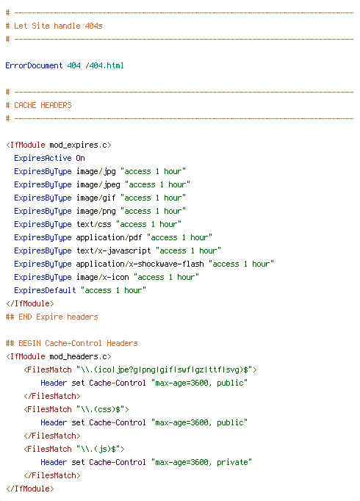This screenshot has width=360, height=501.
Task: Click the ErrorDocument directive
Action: tap(34, 65)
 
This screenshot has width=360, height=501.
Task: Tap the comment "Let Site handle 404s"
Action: tap(58, 26)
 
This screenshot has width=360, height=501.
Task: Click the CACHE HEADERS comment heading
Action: tap(43, 105)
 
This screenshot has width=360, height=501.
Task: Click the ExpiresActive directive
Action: tap(43, 158)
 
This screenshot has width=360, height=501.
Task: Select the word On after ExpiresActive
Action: tap(80, 158)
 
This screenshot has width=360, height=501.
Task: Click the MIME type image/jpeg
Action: tap(98, 184)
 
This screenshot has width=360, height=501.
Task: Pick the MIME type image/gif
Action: tap(96, 198)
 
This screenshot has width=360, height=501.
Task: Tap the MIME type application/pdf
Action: tap(109, 237)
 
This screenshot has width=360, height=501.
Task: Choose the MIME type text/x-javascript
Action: tap(113, 250)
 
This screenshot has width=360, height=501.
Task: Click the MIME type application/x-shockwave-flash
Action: tap(140, 264)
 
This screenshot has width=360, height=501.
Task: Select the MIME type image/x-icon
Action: tap(103, 277)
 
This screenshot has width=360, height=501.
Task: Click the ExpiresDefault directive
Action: tap(45, 290)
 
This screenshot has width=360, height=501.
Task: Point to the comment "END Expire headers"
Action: tap(58, 317)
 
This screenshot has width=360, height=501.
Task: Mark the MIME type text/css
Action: tap(93, 224)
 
